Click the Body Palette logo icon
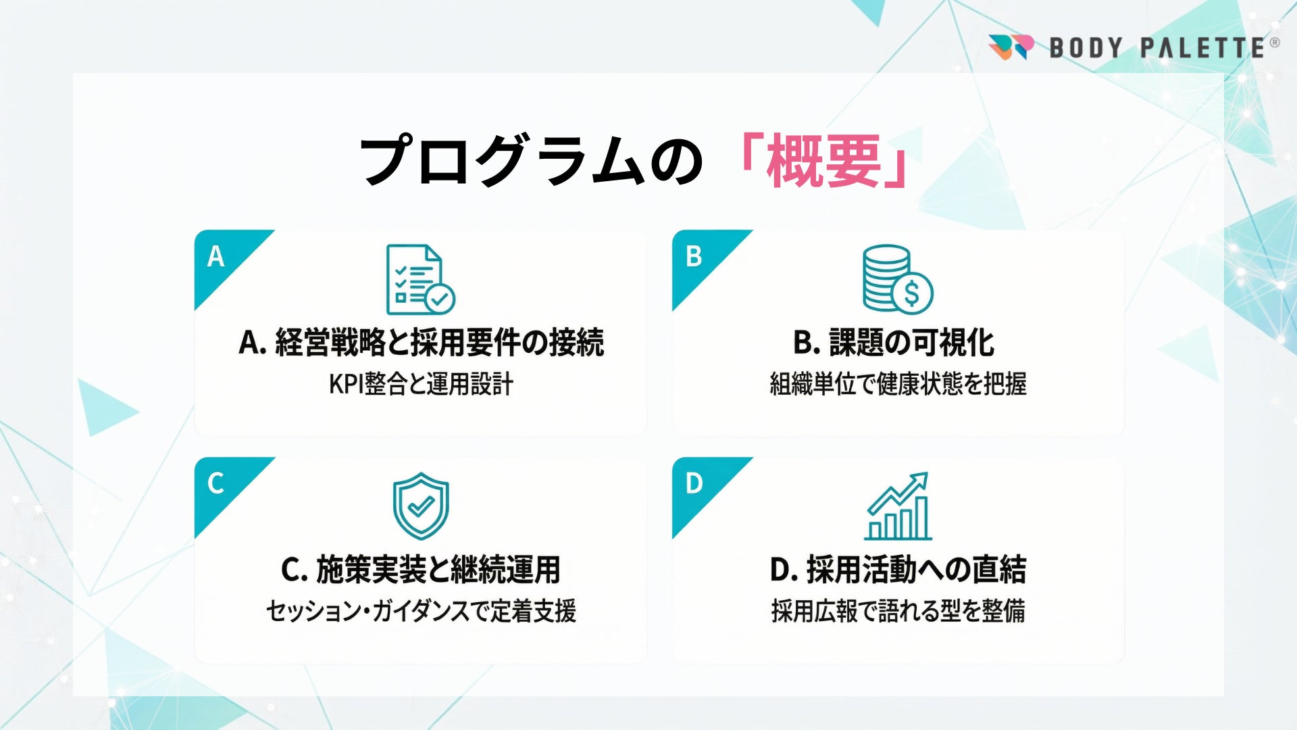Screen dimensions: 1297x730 click(x=1011, y=47)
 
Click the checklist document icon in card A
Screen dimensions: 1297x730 click(x=420, y=280)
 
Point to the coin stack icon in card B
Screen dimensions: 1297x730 click(x=898, y=279)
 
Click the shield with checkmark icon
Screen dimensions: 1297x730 click(x=421, y=506)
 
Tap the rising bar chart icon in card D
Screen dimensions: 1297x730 click(x=898, y=506)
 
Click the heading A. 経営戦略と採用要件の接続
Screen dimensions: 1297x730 click(x=421, y=342)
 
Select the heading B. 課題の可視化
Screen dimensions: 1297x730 click(x=894, y=342)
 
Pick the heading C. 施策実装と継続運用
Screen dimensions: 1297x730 click(x=421, y=569)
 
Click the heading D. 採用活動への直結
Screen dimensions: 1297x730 click(x=898, y=569)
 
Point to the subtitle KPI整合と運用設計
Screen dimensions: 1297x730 click(x=421, y=384)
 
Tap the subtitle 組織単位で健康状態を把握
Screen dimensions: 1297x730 click(x=898, y=384)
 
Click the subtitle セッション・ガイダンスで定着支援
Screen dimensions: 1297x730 click(x=421, y=611)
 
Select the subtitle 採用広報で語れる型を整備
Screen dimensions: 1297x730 click(x=898, y=611)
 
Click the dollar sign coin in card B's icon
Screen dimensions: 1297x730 click(x=912, y=293)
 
